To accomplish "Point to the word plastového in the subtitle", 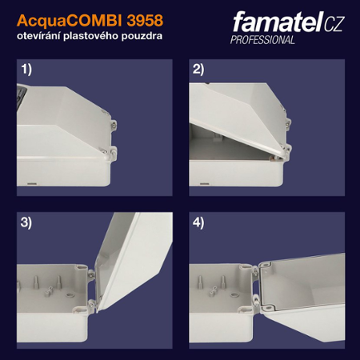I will pyautogui.click(x=102, y=38).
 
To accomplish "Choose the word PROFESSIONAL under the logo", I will pyautogui.click(x=262, y=40).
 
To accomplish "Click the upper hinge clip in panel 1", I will pyautogui.click(x=114, y=126).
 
